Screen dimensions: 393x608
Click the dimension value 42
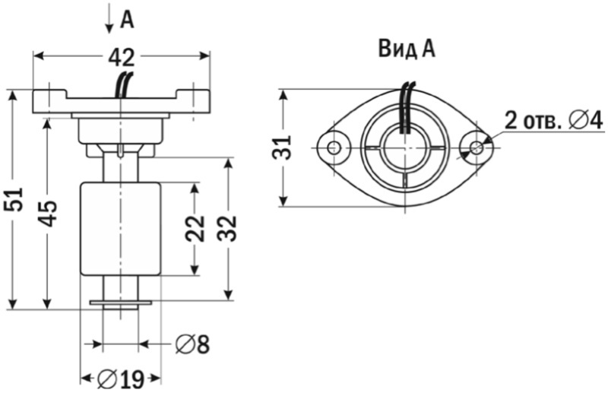click(122, 57)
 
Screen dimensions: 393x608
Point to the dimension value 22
click(195, 228)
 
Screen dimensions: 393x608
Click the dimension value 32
click(227, 228)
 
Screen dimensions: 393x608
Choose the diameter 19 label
click(122, 377)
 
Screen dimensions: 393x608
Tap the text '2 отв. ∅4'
click(553, 119)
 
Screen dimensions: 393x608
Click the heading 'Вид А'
click(406, 49)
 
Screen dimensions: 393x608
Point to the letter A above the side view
click(127, 20)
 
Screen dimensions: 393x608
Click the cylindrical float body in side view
click(122, 228)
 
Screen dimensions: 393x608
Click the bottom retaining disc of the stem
click(121, 303)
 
